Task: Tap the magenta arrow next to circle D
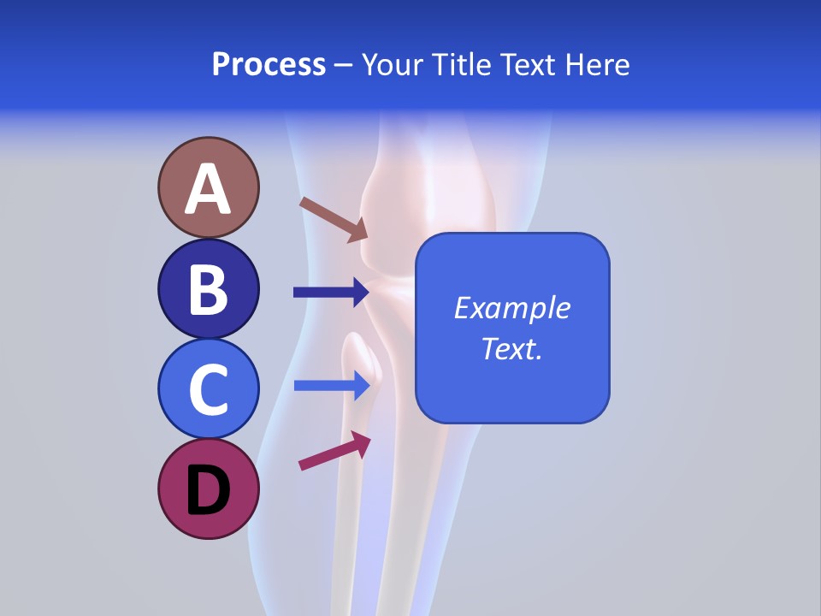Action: pos(334,451)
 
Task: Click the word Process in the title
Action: pos(269,65)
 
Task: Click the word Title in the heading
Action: pos(459,65)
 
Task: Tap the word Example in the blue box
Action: pos(512,308)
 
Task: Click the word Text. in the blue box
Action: pos(512,348)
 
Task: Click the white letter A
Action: pos(209,189)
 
